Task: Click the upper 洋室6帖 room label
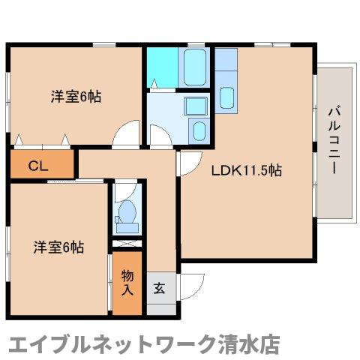click(x=76, y=97)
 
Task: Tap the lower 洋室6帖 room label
click(x=58, y=246)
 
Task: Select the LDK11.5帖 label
click(x=246, y=170)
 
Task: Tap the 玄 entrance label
click(x=159, y=286)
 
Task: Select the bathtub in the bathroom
click(x=194, y=68)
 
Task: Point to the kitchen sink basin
click(x=229, y=96)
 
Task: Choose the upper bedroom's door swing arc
click(x=127, y=133)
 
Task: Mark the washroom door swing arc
click(x=160, y=135)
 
